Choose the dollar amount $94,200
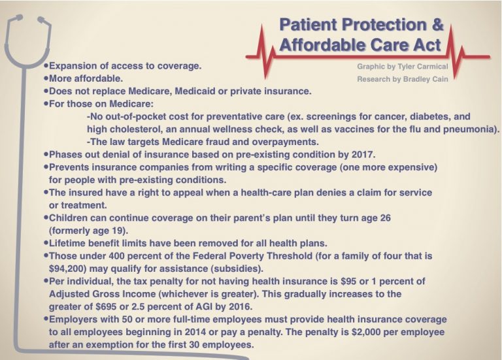[x=70, y=267]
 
